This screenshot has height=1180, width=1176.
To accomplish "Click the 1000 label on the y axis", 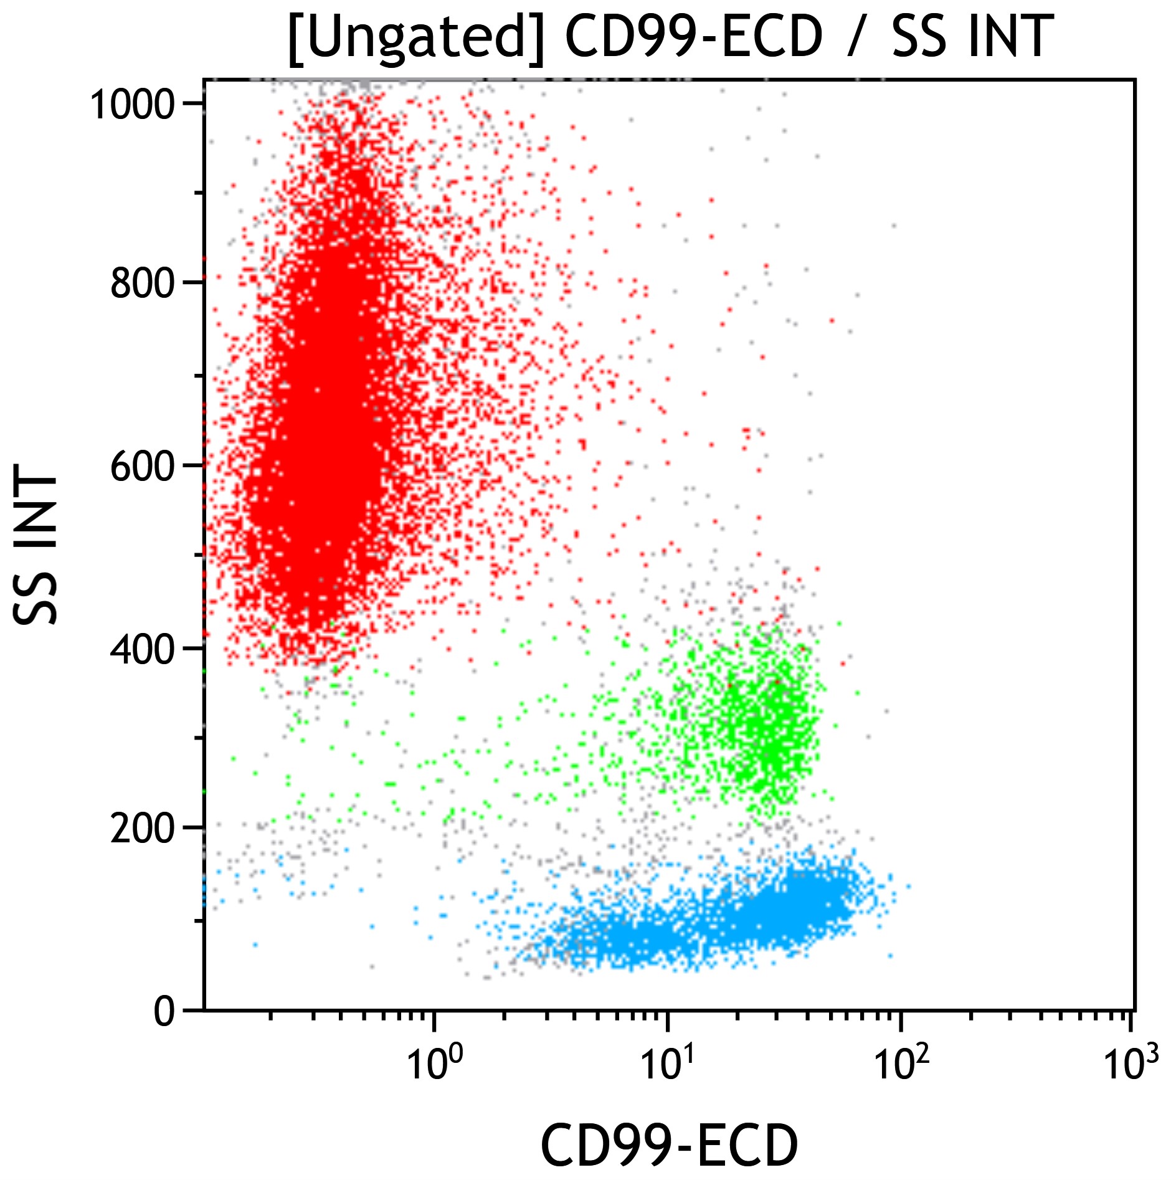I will (x=131, y=105).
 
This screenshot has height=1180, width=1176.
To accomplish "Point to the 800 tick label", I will (x=141, y=283).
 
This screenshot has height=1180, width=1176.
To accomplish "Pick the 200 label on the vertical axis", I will (x=141, y=829).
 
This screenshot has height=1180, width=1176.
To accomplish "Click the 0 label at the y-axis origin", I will (x=165, y=1011).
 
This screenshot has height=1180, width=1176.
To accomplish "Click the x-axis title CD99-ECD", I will (x=669, y=1145).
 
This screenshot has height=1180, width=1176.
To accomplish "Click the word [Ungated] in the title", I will (x=416, y=37).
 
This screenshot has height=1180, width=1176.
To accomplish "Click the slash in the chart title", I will (x=857, y=37).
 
